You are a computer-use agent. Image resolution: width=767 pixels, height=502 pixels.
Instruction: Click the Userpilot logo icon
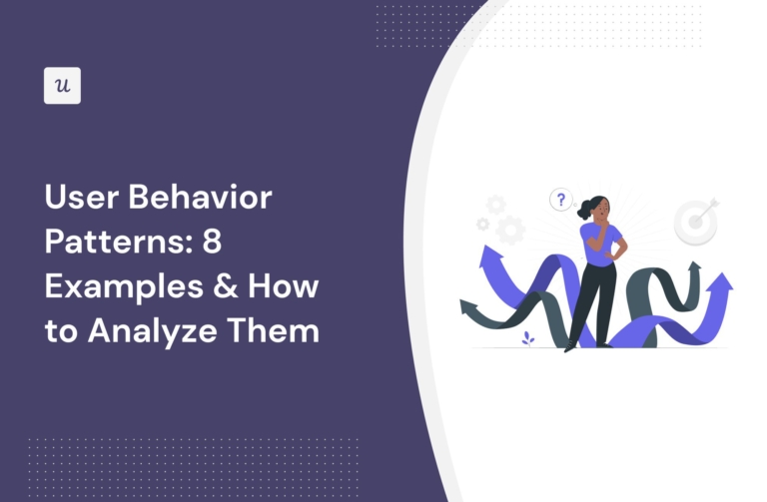[x=63, y=86]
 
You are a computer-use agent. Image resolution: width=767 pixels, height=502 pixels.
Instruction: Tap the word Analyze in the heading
[x=153, y=331]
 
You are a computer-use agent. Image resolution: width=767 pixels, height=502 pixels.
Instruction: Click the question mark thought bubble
[x=560, y=201]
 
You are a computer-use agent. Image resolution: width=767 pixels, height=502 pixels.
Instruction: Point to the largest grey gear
[x=509, y=230]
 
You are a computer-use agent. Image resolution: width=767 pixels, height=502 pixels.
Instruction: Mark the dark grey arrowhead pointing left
[x=467, y=304]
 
